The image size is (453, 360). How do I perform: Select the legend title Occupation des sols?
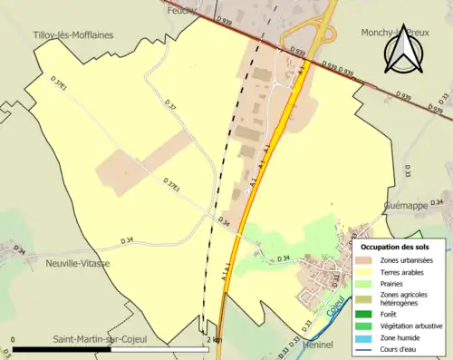[x=395, y=247]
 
